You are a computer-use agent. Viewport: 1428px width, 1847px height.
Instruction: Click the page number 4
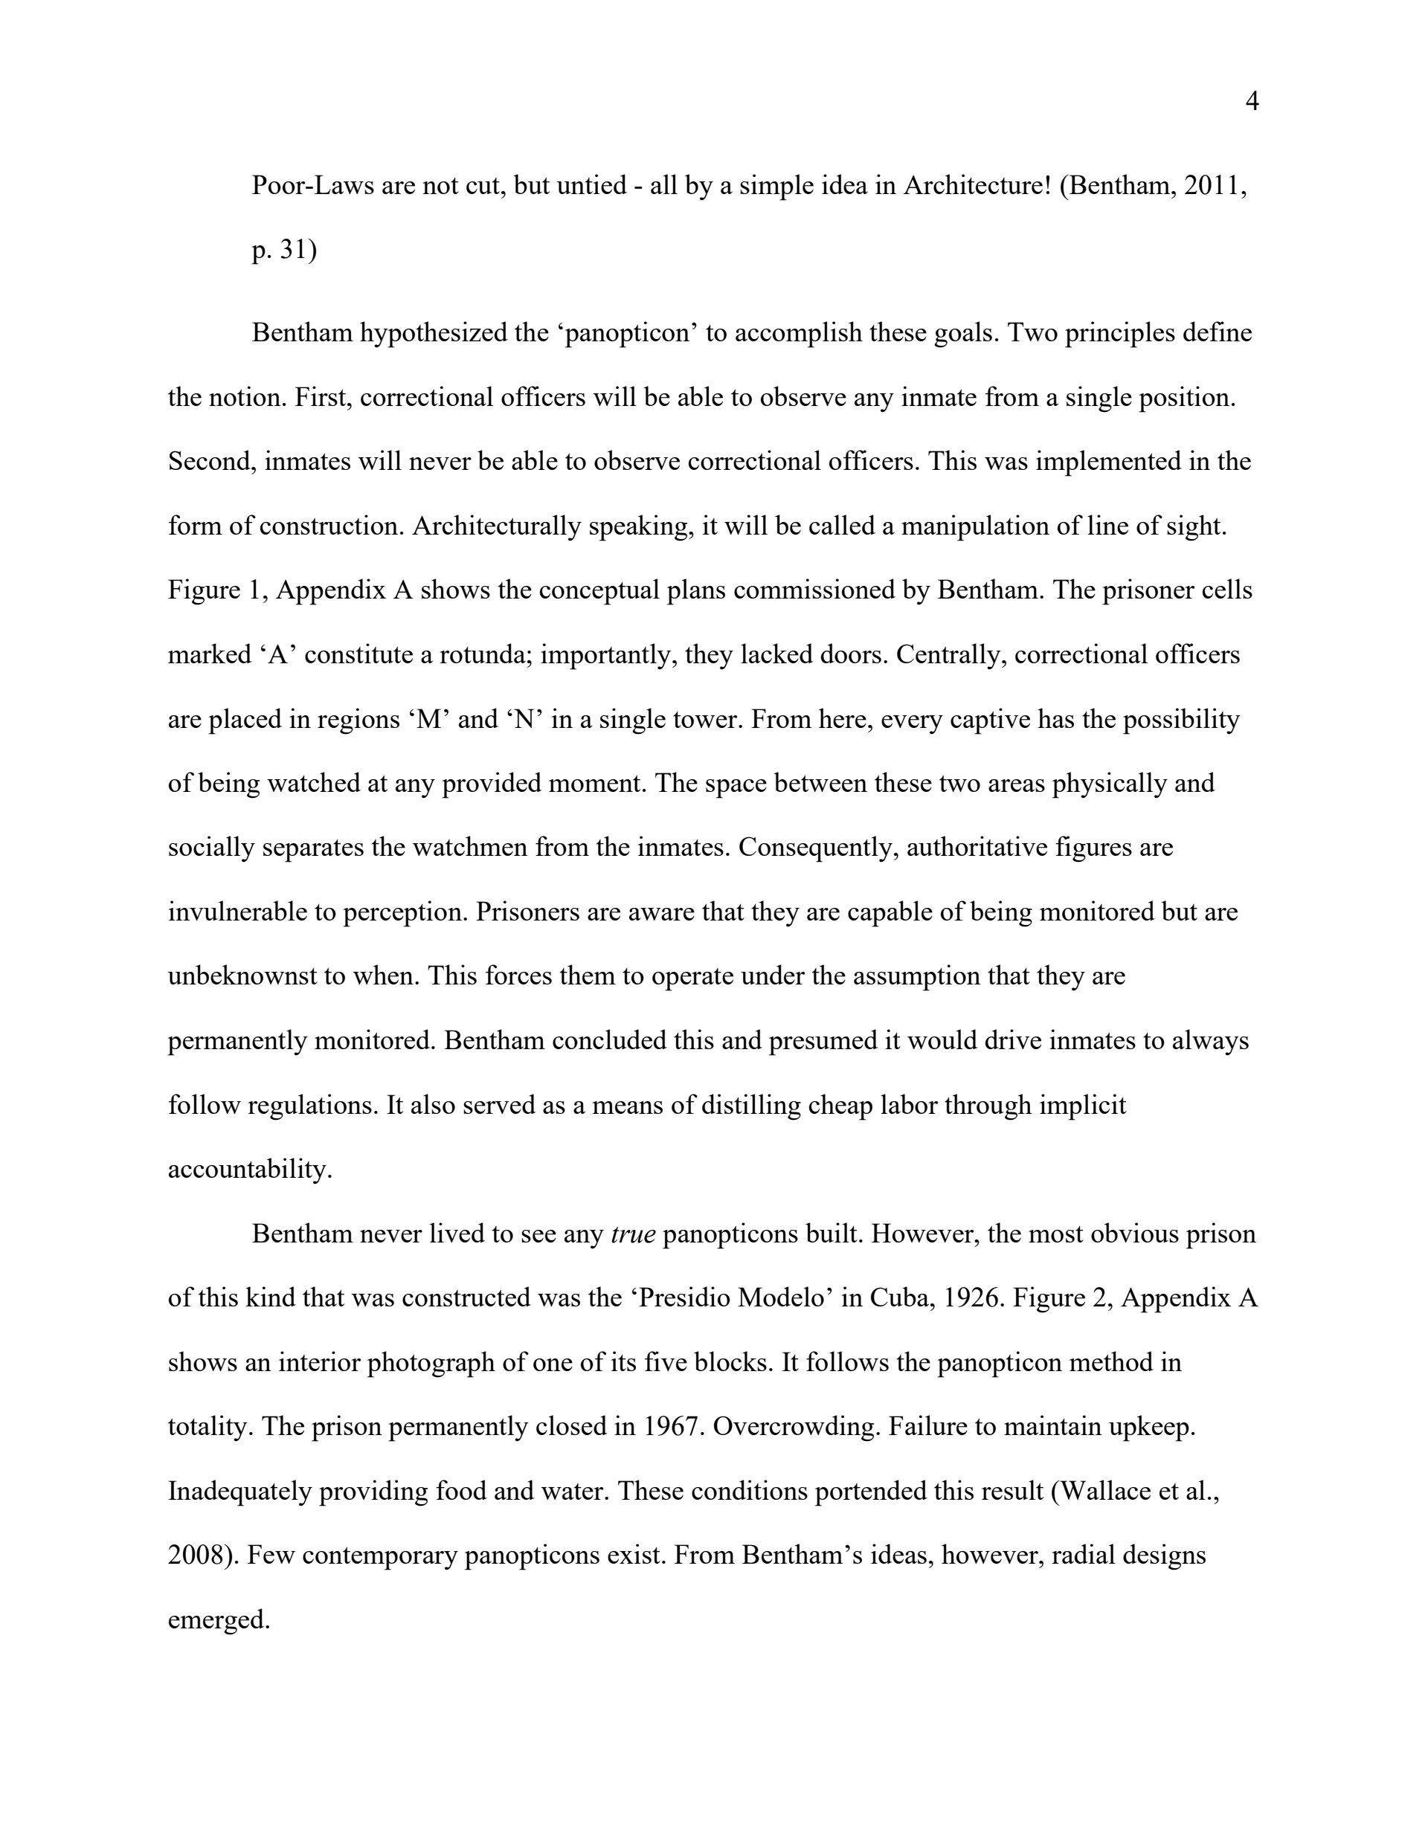[x=1252, y=103]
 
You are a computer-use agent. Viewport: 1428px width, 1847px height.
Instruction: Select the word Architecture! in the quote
[x=977, y=185]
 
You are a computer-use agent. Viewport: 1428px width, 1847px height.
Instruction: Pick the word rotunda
[x=480, y=654]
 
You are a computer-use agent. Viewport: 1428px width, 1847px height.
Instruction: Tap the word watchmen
[x=469, y=848]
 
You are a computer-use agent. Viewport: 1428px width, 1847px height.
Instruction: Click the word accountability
[x=250, y=1170]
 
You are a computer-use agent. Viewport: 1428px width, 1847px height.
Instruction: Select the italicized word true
[x=633, y=1235]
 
